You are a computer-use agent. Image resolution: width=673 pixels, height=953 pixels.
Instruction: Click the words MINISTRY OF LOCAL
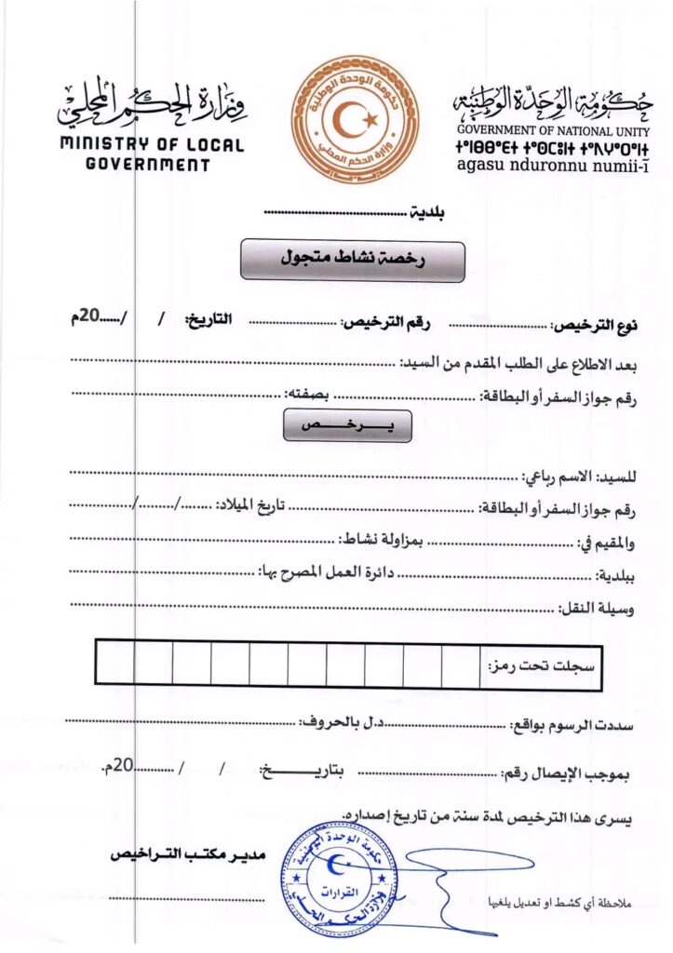pyautogui.click(x=152, y=146)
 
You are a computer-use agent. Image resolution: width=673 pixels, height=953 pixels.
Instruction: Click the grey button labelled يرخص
pyautogui.click(x=346, y=424)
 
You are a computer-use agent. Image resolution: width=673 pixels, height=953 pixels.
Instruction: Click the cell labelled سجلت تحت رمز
pyautogui.click(x=545, y=667)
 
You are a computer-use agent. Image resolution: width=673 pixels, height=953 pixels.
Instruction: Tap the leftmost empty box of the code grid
pyautogui.click(x=114, y=664)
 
